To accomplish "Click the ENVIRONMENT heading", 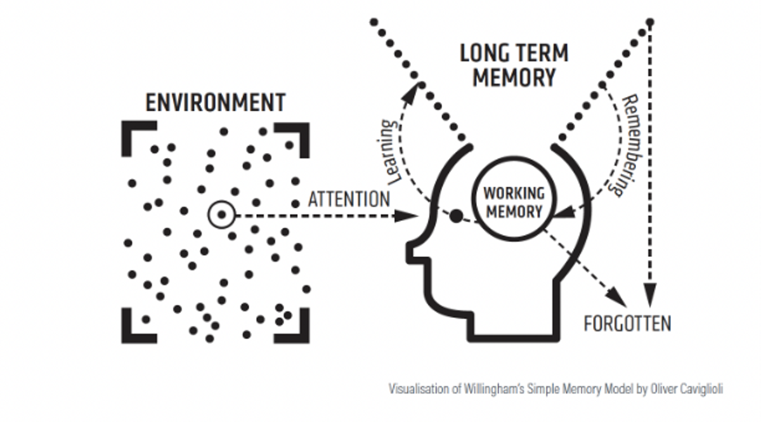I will click(216, 102).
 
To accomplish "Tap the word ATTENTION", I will click(348, 199).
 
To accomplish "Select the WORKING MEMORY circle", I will click(513, 202).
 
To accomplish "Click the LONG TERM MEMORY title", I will click(514, 65).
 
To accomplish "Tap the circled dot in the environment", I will click(221, 215).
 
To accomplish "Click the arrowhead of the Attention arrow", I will click(408, 216).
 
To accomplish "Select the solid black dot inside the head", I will click(455, 216).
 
